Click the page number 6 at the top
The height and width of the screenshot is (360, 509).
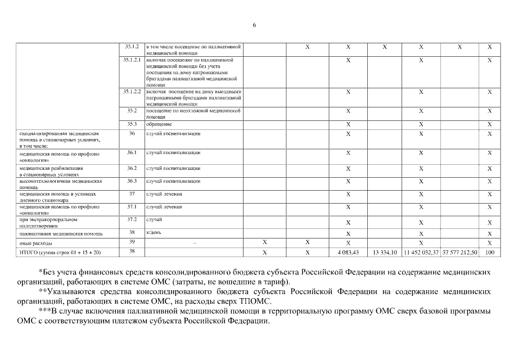[x=254, y=25]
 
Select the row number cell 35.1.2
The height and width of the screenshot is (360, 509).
[x=132, y=47]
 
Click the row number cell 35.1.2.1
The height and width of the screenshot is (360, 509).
[x=132, y=60]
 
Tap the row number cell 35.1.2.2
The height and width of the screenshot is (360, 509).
[x=132, y=91]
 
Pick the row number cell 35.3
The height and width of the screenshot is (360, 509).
[x=132, y=124]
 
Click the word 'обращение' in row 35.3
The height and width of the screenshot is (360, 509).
[x=159, y=124]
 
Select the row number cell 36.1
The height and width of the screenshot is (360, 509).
[x=132, y=152]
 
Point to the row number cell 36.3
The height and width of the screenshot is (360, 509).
[x=132, y=181]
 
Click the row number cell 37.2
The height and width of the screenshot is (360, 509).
[x=132, y=219]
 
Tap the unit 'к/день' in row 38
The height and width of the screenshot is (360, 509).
[x=154, y=232]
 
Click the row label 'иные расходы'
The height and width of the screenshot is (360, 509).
[x=36, y=243]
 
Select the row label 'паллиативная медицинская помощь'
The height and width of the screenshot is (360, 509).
[x=53, y=233]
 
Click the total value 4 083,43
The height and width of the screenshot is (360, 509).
[x=348, y=253]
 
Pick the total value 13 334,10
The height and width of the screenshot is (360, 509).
[x=385, y=253]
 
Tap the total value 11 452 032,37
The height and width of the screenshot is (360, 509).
[x=421, y=253]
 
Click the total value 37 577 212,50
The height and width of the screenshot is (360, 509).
[x=460, y=253]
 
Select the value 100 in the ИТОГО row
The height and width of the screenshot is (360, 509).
[x=489, y=253]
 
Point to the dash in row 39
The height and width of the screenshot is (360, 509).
[x=194, y=243]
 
